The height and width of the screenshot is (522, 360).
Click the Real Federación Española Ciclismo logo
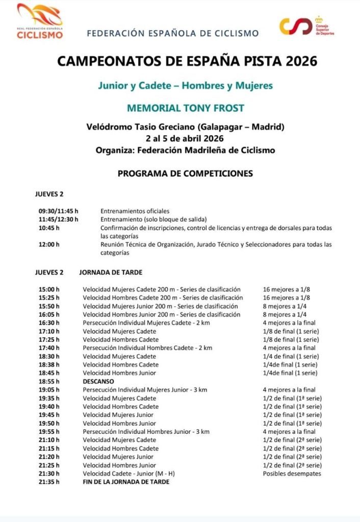(40, 21)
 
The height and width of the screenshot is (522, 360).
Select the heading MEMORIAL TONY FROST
(186, 108)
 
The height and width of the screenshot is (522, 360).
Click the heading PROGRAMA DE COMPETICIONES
(185, 173)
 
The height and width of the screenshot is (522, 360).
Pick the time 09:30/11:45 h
(58, 211)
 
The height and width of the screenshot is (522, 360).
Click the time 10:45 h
(49, 228)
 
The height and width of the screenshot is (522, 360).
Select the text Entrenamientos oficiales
(135, 211)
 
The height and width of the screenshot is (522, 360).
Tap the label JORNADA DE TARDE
(111, 272)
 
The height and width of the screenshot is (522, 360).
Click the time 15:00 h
(49, 289)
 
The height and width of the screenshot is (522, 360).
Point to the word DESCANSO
(98, 381)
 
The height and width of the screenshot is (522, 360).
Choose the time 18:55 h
(49, 381)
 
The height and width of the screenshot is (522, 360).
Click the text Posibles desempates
(292, 473)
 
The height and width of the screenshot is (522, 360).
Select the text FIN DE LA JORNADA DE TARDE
(126, 482)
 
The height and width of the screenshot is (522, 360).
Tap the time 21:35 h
(49, 482)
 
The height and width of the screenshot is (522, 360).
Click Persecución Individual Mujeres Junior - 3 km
(145, 390)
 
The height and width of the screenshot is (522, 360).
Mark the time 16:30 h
(49, 322)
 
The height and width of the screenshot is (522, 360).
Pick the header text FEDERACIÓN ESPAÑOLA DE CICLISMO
(173, 34)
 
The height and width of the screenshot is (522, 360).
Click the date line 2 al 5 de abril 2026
(185, 138)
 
